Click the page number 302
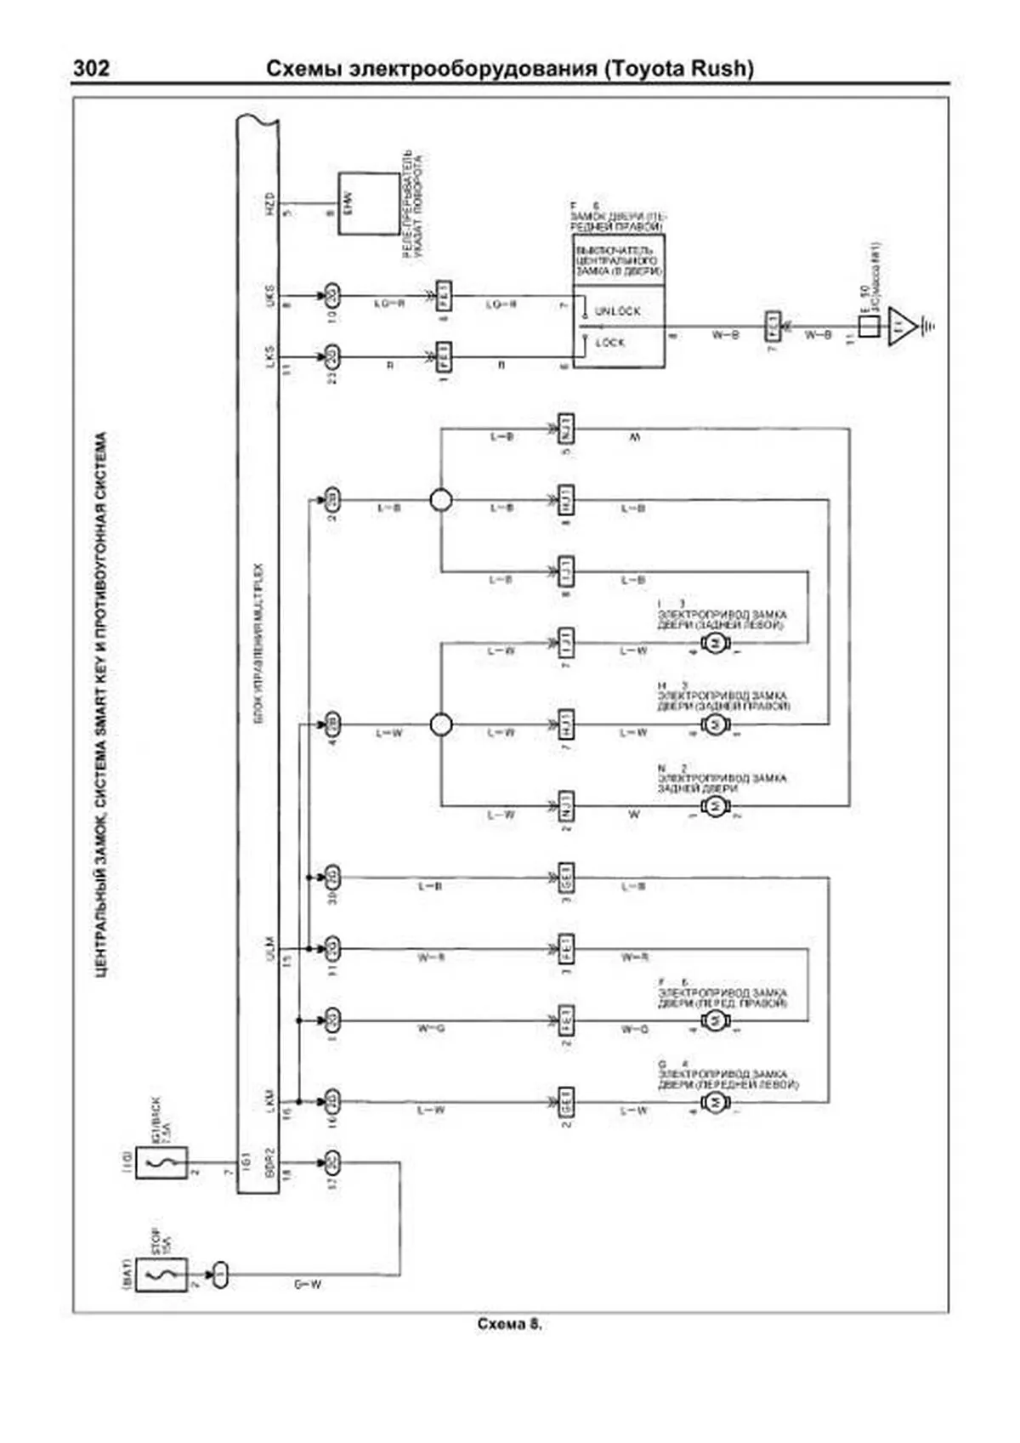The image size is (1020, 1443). coord(91,68)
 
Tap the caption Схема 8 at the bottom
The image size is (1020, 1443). coord(509,1324)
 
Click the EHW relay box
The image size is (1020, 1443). coord(368,204)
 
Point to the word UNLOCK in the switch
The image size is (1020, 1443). coord(618,311)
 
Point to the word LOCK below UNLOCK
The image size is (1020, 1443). coord(610,343)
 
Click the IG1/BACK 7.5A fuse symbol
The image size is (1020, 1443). coord(161,1162)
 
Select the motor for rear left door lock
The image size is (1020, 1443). coord(715,644)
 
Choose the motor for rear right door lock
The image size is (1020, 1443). coord(715,724)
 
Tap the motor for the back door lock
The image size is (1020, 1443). coord(715,805)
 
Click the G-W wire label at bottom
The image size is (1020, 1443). coord(308,1285)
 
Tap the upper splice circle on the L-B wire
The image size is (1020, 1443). coord(440,500)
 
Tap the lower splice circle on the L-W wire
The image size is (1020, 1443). coord(440,724)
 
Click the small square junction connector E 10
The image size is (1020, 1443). coord(868,326)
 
